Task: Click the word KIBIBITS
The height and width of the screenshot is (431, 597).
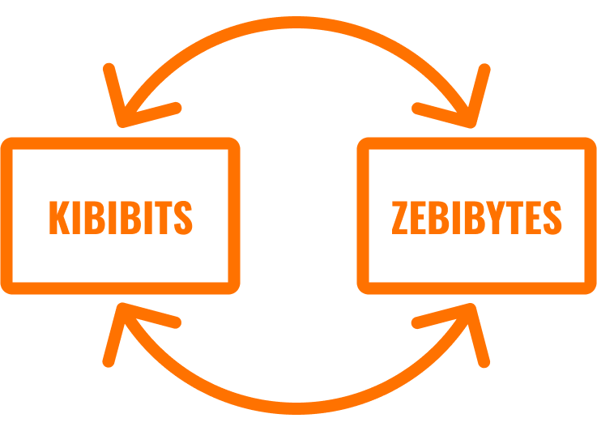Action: pos(121,217)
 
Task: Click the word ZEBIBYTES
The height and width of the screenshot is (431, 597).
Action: pos(476,217)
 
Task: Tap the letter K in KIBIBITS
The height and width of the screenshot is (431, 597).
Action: pos(59,217)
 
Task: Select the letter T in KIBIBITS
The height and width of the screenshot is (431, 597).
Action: pos(164,217)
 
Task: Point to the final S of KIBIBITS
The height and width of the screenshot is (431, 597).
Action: pos(183,217)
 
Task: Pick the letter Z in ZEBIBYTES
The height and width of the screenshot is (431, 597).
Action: pos(400,217)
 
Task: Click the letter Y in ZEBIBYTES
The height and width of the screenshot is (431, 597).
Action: pos(496,217)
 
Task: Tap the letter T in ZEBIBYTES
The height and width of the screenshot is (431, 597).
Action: pos(514,217)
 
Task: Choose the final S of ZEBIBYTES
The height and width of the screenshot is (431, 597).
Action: pos(552,217)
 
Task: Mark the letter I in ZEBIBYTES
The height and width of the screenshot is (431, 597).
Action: pos(456,217)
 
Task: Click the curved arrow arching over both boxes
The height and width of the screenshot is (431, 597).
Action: pos(296,22)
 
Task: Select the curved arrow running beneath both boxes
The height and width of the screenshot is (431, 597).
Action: pos(296,408)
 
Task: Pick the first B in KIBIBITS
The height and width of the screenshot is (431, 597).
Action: pos(95,217)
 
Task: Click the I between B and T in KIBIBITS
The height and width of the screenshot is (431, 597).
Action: pos(148,217)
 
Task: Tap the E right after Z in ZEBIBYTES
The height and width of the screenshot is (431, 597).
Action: pos(418,217)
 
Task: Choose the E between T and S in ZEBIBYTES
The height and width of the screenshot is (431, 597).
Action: pos(534,217)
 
